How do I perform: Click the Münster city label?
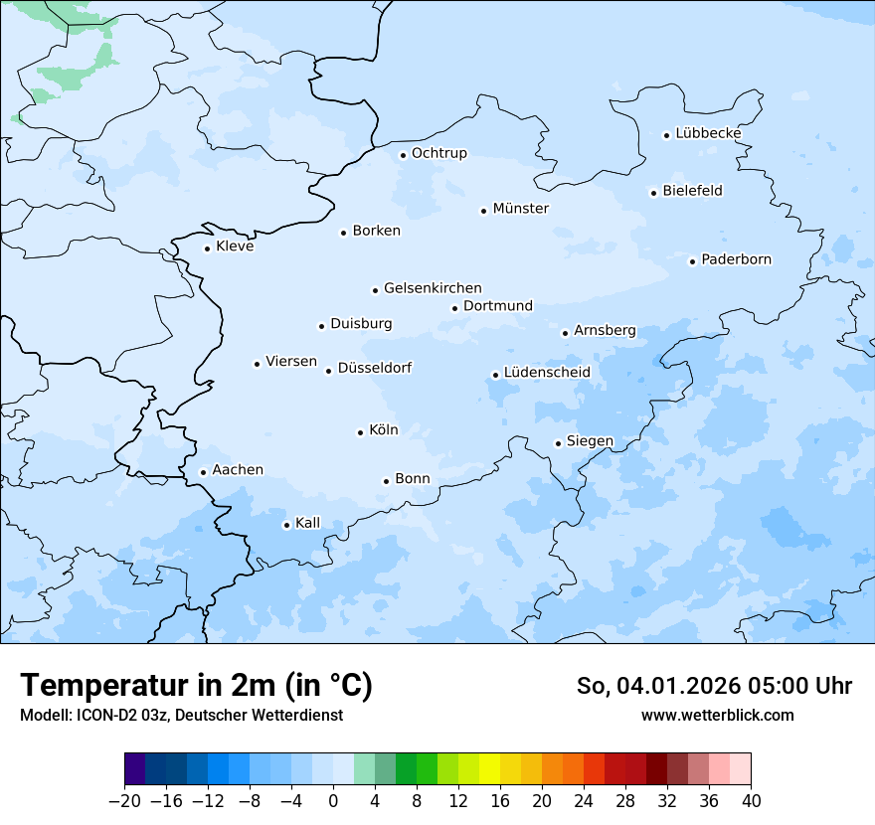pyautogui.click(x=520, y=209)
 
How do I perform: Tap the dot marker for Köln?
pyautogui.click(x=360, y=432)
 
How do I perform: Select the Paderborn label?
pyautogui.click(x=736, y=259)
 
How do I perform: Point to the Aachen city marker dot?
pyautogui.click(x=203, y=473)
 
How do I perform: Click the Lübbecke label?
pyautogui.click(x=708, y=133)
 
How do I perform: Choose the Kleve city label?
pyautogui.click(x=235, y=247)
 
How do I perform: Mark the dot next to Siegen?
pyautogui.click(x=558, y=443)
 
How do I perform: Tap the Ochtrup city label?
pyautogui.click(x=438, y=153)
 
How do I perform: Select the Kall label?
pyautogui.click(x=307, y=523)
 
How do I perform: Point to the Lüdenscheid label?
pyautogui.click(x=547, y=373)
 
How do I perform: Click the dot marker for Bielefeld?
pyautogui.click(x=653, y=193)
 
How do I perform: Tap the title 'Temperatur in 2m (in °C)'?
pyautogui.click(x=196, y=685)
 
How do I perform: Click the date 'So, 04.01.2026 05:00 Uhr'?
pyautogui.click(x=714, y=686)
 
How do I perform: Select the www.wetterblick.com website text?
pyautogui.click(x=717, y=715)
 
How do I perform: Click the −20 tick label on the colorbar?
pyautogui.click(x=124, y=801)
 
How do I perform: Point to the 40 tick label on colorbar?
pyautogui.click(x=751, y=801)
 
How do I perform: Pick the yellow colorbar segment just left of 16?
pyautogui.click(x=489, y=769)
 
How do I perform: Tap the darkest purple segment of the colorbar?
pyautogui.click(x=134, y=769)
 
